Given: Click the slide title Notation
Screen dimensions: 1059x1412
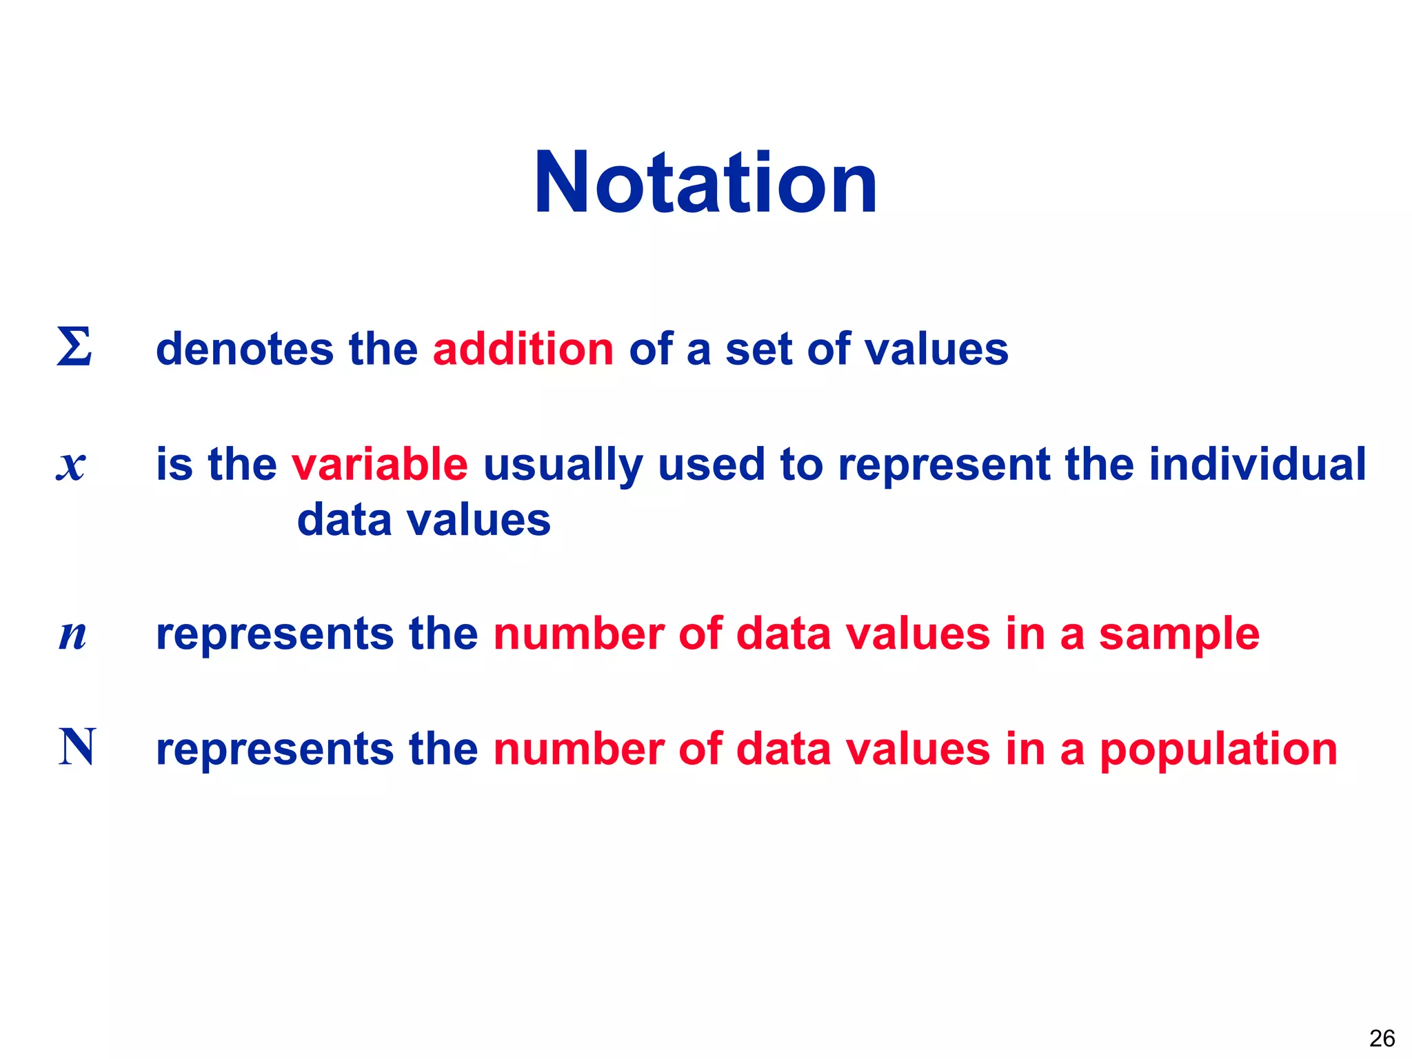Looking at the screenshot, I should pos(705,183).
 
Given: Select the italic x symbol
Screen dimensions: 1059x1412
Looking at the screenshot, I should pos(71,465).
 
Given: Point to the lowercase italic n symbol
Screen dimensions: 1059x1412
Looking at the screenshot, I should pos(72,635).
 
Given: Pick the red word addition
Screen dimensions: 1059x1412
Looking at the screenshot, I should pos(523,349).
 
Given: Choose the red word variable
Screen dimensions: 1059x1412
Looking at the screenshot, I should pos(379,464).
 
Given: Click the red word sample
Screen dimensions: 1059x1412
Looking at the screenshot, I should pos(1179,635).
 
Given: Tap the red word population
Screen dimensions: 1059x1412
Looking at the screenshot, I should pos(1218,750).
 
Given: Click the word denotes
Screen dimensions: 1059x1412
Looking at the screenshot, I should pos(244,349).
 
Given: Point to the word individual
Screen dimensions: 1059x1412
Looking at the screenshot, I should pos(1257,464).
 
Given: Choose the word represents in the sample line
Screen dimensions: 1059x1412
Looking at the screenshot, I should pos(274,635).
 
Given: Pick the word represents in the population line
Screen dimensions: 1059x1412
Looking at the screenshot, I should pos(274,750).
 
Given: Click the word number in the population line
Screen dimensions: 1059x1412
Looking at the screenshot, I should pos(578,749).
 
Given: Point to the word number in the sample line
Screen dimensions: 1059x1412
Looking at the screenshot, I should pos(578,634).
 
